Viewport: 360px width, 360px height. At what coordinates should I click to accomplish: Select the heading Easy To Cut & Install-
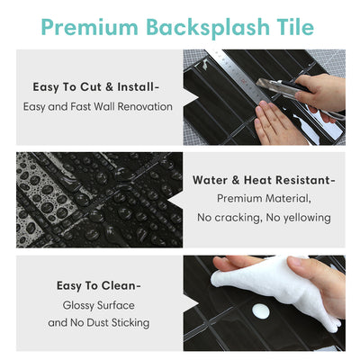[96, 87]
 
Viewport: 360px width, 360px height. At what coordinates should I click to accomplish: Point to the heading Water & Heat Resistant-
[263, 179]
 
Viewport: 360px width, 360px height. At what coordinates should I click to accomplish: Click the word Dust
[105, 322]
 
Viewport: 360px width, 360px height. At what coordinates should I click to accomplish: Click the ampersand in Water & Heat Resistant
[238, 179]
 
